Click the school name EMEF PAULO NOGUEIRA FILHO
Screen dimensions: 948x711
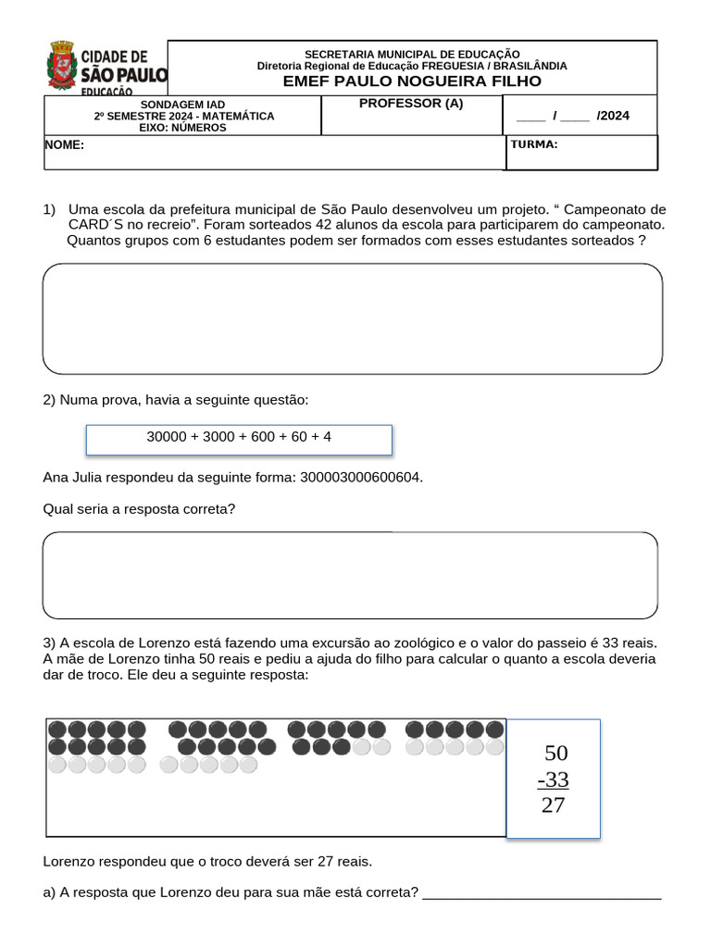tap(412, 81)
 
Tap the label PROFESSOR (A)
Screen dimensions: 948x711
tap(411, 104)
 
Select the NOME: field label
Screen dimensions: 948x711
tap(65, 145)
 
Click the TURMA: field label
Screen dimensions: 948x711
tap(534, 144)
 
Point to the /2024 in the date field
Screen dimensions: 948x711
tap(612, 116)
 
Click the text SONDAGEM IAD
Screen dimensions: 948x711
tap(183, 105)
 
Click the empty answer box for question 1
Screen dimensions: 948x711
tap(352, 318)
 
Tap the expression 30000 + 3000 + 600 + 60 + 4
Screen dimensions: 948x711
tap(239, 436)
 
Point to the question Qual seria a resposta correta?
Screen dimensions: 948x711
tap(139, 509)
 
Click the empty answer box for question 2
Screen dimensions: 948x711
tap(350, 575)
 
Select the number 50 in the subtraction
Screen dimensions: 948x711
tap(555, 753)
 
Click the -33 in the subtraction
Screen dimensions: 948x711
tap(554, 780)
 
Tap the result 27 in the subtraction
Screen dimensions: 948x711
tap(553, 805)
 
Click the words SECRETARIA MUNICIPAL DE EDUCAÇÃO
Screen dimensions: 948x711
tap(412, 55)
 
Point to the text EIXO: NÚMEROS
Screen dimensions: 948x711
tap(183, 128)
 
